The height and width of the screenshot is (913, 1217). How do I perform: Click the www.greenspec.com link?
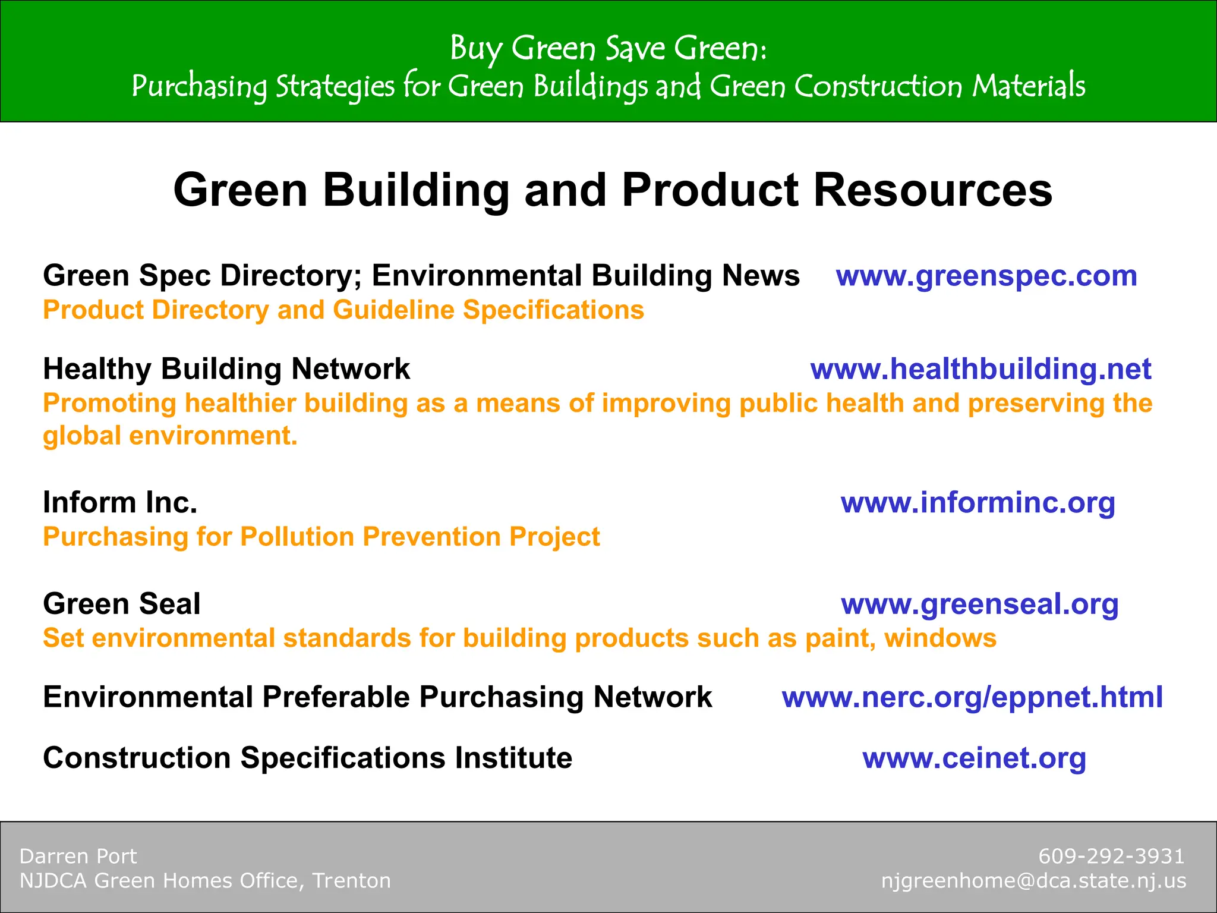(x=986, y=276)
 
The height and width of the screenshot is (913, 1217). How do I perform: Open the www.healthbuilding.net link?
(x=980, y=369)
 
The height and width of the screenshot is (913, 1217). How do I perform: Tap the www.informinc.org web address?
(x=978, y=503)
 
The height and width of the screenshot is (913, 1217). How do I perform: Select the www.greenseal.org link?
(x=980, y=605)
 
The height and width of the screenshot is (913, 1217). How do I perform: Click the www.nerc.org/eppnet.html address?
(x=972, y=697)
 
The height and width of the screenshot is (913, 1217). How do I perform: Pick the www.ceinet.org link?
(x=974, y=758)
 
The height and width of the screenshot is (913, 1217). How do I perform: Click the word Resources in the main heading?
(x=932, y=190)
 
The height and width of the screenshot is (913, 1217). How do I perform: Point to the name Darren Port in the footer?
(x=78, y=857)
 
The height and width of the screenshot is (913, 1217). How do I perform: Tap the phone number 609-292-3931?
(x=1111, y=857)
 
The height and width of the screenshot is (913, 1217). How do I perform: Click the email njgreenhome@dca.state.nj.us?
(x=1033, y=881)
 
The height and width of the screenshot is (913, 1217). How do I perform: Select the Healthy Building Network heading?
(x=226, y=369)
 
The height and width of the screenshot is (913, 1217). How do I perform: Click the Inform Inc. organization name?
(x=120, y=503)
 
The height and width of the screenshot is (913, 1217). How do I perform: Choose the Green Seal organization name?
(x=121, y=605)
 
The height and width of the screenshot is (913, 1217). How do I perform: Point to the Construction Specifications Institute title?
(x=307, y=758)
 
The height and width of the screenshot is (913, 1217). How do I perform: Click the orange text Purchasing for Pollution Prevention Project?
(x=321, y=537)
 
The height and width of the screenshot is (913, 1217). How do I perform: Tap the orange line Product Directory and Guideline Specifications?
(x=343, y=310)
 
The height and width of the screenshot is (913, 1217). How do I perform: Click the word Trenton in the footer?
(x=351, y=881)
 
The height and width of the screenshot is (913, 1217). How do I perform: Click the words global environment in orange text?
(x=169, y=436)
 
